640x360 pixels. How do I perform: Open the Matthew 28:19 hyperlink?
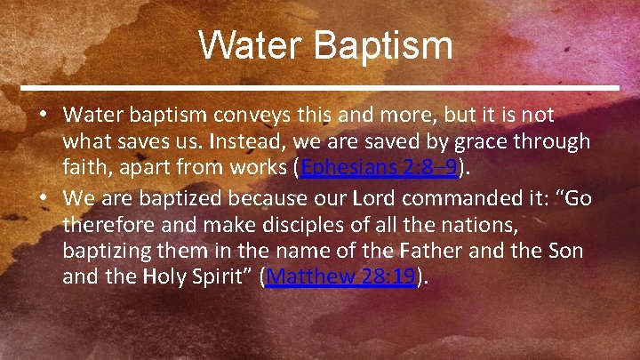click(x=341, y=276)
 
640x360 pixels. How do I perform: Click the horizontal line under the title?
click(x=320, y=88)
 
